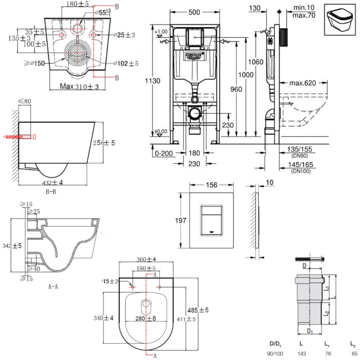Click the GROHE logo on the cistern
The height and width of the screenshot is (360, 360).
coord(194,55)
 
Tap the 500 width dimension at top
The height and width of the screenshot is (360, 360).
coord(195,13)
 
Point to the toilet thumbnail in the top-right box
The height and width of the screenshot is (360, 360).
coord(341,19)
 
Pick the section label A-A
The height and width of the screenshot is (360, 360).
coord(53,285)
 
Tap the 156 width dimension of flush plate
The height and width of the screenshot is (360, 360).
coord(211,185)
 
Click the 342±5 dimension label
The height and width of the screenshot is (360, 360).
coord(12,246)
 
